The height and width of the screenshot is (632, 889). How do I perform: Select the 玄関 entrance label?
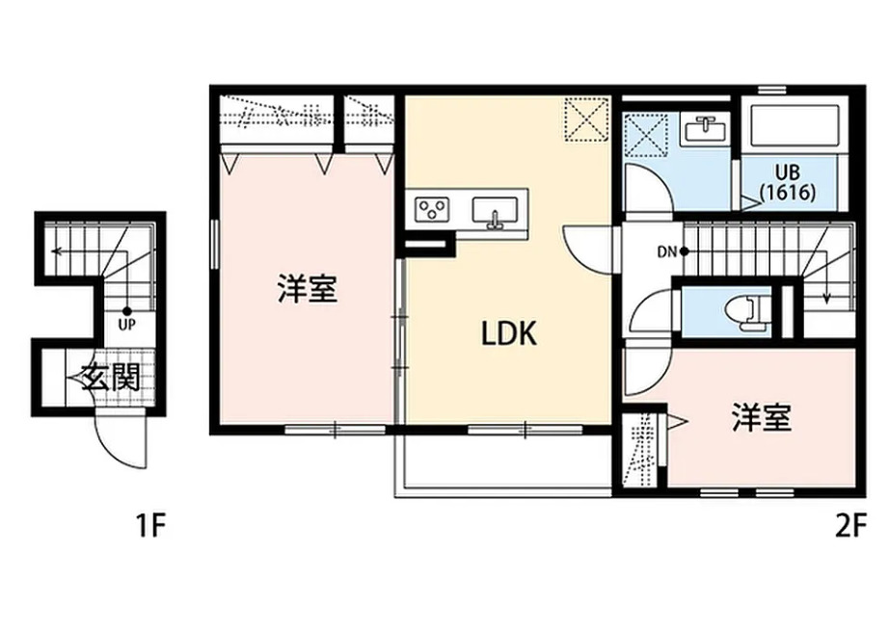tap(108, 378)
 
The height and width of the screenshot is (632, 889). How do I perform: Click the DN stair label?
tap(667, 252)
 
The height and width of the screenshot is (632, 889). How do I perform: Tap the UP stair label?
tap(125, 324)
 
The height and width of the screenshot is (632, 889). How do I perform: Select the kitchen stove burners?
tap(432, 207)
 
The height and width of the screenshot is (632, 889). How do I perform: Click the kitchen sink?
tap(496, 209)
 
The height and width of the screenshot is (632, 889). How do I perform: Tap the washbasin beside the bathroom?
tap(706, 126)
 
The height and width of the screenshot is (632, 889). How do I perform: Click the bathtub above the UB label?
tap(795, 125)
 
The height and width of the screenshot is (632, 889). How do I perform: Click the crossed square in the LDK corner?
tap(585, 119)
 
